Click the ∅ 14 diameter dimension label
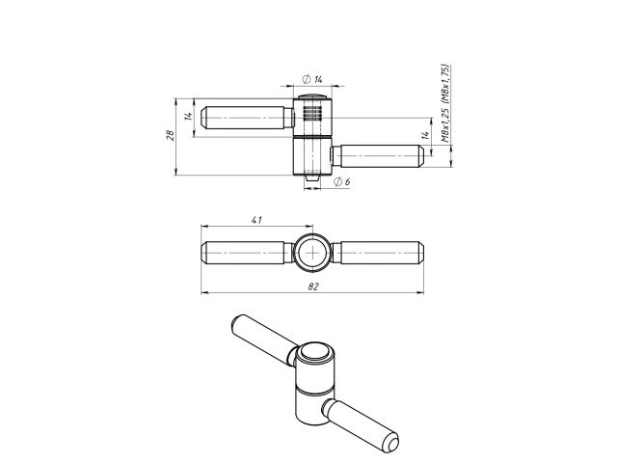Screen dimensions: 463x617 click(x=311, y=77)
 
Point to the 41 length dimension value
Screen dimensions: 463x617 click(x=256, y=221)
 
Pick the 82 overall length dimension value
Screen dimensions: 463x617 click(x=312, y=286)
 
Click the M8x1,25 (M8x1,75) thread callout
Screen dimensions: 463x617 click(x=445, y=103)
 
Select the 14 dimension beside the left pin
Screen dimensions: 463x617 click(x=190, y=117)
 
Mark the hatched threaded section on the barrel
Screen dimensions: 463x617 click(x=311, y=120)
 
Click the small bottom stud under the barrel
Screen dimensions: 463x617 click(x=311, y=180)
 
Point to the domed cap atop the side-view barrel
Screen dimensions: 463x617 click(x=311, y=97)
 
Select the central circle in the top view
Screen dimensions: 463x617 click(x=312, y=255)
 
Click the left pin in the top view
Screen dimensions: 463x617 click(x=247, y=255)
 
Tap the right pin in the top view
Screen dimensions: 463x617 click(x=379, y=255)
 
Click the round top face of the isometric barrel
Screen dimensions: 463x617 click(x=313, y=354)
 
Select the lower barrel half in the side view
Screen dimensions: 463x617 click(x=311, y=156)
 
